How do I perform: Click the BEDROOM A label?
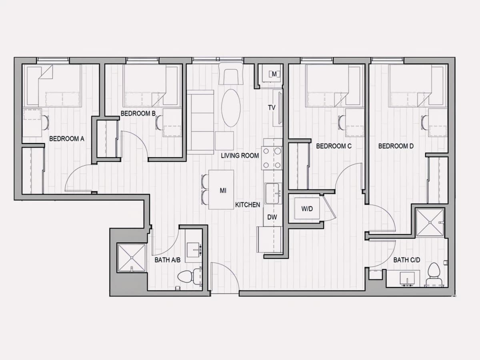click(67, 139)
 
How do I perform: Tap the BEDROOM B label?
click(138, 114)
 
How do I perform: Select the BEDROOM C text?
click(334, 146)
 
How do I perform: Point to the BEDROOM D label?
click(396, 146)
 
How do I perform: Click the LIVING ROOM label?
click(240, 156)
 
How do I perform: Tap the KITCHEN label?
click(248, 205)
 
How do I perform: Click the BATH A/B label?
click(168, 260)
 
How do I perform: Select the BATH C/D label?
click(407, 260)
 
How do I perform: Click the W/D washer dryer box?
click(307, 208)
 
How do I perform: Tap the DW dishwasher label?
click(272, 217)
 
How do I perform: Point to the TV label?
click(272, 108)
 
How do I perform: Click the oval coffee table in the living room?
click(231, 108)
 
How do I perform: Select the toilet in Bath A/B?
click(189, 276)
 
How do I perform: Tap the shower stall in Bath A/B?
click(132, 258)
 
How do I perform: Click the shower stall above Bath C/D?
click(430, 222)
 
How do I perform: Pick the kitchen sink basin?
click(272, 194)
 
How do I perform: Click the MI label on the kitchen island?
click(223, 191)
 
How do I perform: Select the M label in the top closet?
click(274, 74)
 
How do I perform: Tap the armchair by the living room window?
click(231, 74)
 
